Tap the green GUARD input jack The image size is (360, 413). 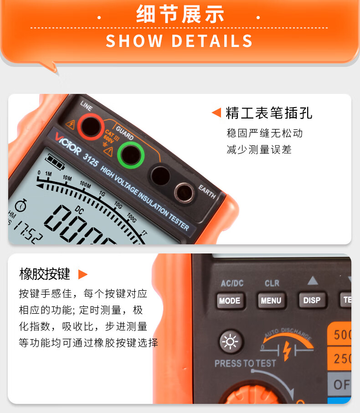click(x=131, y=154)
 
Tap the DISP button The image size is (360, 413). click(x=312, y=300)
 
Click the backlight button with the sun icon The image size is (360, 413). click(x=229, y=341)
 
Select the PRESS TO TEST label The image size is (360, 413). click(x=245, y=363)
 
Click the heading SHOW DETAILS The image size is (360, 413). click(x=179, y=41)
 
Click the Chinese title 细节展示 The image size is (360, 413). click(x=180, y=15)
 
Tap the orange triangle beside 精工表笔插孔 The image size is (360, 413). click(x=216, y=112)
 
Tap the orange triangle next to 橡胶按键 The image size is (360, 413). click(x=82, y=274)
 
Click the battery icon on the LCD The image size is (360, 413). click(x=55, y=161)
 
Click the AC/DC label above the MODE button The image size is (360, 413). click(x=232, y=283)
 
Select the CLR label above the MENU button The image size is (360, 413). click(x=272, y=283)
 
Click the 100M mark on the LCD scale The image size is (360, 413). click(x=85, y=184)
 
